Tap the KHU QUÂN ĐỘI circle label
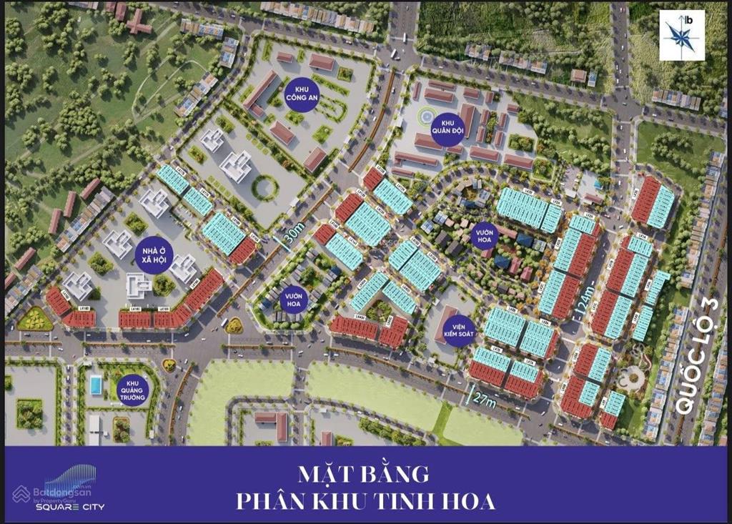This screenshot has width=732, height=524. click(447, 129)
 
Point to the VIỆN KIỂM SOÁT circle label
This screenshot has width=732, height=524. click(457, 328)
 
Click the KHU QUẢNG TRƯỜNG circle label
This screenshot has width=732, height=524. click(133, 390)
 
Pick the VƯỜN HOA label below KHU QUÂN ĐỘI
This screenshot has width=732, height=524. click(489, 234)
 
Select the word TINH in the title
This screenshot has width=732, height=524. click(413, 501)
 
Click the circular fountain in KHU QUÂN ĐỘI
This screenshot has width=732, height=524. click(425, 115)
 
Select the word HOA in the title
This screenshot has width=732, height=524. click(470, 501)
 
